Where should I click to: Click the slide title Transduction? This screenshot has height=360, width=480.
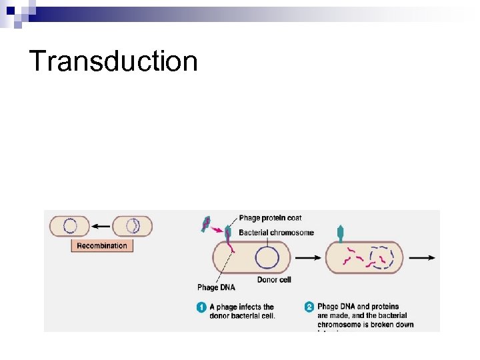[x=113, y=61]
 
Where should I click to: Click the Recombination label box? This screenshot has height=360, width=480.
[x=101, y=245]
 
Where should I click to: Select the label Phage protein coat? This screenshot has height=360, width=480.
[x=270, y=218]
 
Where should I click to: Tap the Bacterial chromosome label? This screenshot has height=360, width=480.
[x=276, y=233]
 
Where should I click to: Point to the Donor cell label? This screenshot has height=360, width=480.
[x=274, y=279]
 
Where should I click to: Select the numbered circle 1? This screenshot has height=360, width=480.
[x=201, y=307]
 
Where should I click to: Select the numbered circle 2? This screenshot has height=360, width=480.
[x=309, y=307]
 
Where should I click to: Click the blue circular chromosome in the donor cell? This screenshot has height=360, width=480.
[x=267, y=257]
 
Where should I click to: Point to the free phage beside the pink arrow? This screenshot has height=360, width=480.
[x=207, y=225]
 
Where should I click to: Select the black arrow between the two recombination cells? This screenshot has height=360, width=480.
[x=100, y=226]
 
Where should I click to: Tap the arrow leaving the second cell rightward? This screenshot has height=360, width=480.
[x=422, y=257]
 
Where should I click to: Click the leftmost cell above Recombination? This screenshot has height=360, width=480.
[x=69, y=226]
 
